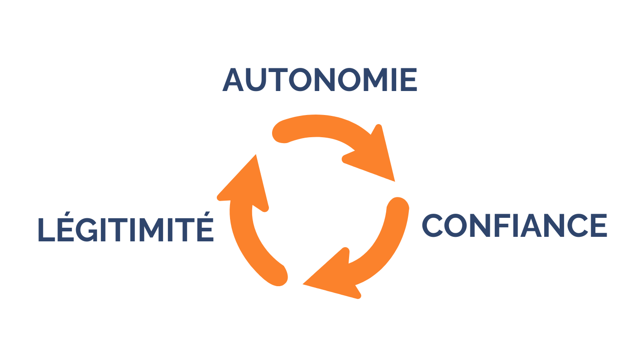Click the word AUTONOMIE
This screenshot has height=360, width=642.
320,80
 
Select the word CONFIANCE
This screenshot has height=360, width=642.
514,225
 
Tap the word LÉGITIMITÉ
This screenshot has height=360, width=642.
125,229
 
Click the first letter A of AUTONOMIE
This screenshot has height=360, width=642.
233,80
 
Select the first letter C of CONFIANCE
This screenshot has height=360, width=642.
433,225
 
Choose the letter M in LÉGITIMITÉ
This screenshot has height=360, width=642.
151,229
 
